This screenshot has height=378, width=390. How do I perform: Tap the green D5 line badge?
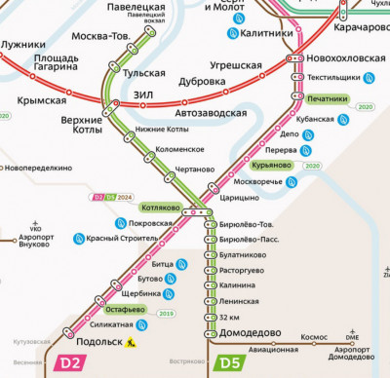(x=230, y=363)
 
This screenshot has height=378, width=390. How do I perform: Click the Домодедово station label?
(x=244, y=331)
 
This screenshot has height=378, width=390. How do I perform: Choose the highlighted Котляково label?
(x=160, y=208)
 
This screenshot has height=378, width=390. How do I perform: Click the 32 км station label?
(x=230, y=317)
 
